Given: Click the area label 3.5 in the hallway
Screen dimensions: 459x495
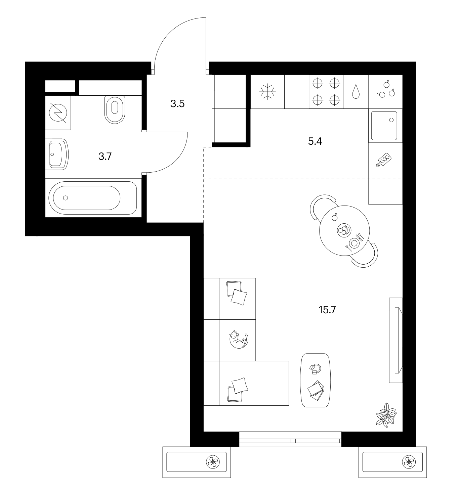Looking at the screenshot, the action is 177,104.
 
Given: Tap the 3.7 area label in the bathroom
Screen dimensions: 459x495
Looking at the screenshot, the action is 105,156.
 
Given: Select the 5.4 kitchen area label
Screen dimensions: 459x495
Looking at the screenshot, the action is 315,141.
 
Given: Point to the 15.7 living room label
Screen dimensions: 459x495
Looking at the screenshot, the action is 327,310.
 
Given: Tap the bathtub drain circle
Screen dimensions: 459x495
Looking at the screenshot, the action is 66,198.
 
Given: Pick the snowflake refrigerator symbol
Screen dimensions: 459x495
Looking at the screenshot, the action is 267,91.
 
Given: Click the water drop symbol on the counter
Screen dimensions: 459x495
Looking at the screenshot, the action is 356,91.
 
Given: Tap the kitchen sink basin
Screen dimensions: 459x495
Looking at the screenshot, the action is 384,126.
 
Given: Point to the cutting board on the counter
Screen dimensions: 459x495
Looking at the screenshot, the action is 384,160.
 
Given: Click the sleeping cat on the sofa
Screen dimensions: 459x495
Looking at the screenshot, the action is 239,340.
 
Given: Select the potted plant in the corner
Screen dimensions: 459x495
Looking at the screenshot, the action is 386,415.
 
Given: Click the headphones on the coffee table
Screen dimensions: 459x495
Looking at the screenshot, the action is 316,369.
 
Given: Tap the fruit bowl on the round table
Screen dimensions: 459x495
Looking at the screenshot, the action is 344,230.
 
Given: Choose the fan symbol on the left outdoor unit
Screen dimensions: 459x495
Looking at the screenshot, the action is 213,462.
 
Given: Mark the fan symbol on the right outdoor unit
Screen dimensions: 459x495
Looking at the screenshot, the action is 409,462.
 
